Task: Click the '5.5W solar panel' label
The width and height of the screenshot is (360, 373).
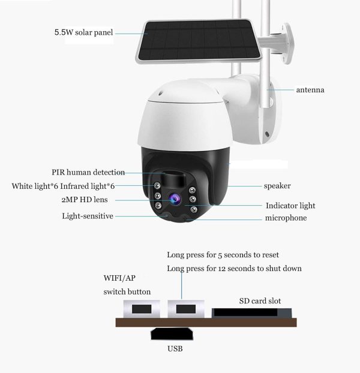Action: point(83,32)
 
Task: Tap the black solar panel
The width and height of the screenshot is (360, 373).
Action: point(199,41)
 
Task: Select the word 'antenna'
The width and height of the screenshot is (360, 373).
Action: point(310,90)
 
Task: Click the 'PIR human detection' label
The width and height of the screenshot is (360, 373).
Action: point(88,172)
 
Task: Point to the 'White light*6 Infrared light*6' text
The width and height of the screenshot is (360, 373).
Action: point(63,186)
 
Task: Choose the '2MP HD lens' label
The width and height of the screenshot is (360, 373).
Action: point(85,199)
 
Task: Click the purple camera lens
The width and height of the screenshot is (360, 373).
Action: point(175,198)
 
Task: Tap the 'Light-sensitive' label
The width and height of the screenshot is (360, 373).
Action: point(88,216)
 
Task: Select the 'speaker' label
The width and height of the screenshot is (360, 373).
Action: point(277,186)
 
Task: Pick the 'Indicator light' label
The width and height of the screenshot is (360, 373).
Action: point(290,206)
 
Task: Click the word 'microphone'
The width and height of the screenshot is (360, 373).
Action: point(286,218)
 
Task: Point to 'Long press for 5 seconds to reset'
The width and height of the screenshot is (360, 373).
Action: point(223,255)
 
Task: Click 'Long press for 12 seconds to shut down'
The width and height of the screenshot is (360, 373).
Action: point(234,268)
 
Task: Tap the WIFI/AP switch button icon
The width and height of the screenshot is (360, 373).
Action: point(142,309)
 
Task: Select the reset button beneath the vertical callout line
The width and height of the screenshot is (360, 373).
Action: point(186,309)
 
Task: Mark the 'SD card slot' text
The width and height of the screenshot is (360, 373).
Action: point(260,301)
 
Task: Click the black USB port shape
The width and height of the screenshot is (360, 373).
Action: point(172,333)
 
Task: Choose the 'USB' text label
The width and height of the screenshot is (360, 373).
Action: point(175,349)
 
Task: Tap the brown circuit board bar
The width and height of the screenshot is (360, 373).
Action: point(206,323)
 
